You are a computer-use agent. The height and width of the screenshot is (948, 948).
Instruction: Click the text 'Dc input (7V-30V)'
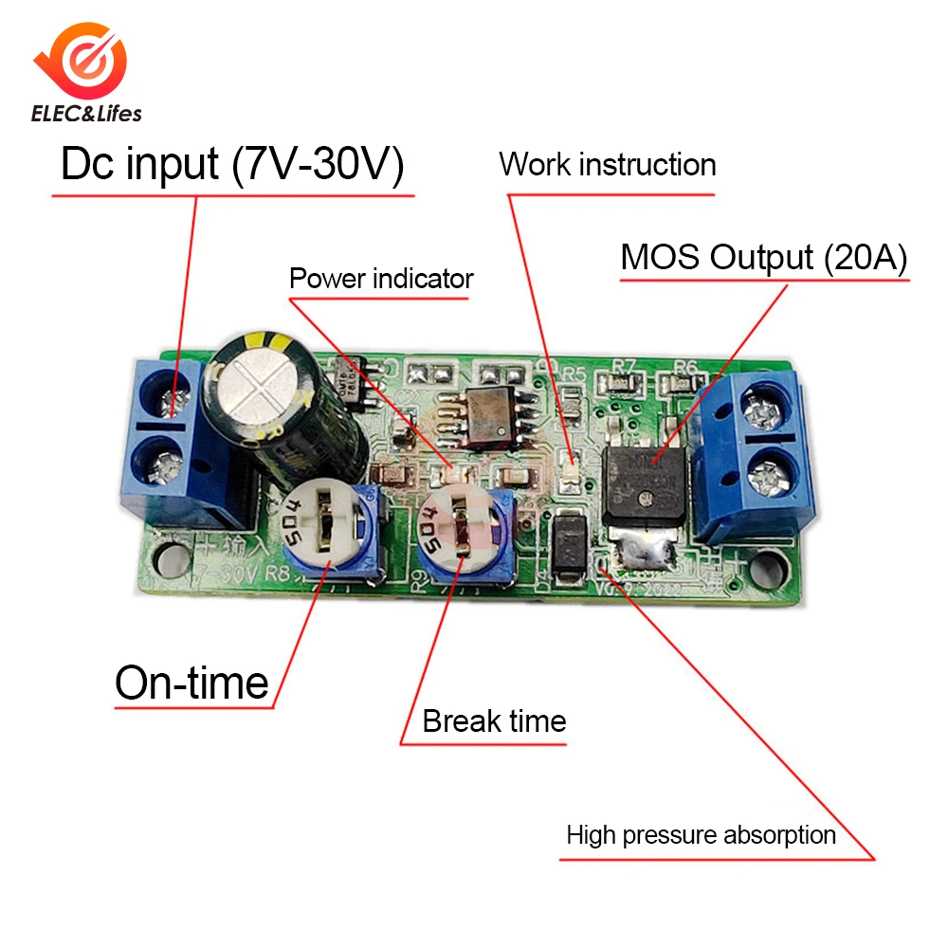232,165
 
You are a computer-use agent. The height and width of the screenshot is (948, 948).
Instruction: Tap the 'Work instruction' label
608,164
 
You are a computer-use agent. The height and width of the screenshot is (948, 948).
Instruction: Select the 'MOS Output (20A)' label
764,257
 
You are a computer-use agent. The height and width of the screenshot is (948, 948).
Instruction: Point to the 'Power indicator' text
380,279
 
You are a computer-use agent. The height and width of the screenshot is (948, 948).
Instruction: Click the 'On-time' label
191,683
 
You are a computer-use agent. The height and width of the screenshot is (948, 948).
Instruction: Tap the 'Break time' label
494,720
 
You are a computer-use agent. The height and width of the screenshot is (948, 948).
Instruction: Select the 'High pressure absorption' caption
701,835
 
